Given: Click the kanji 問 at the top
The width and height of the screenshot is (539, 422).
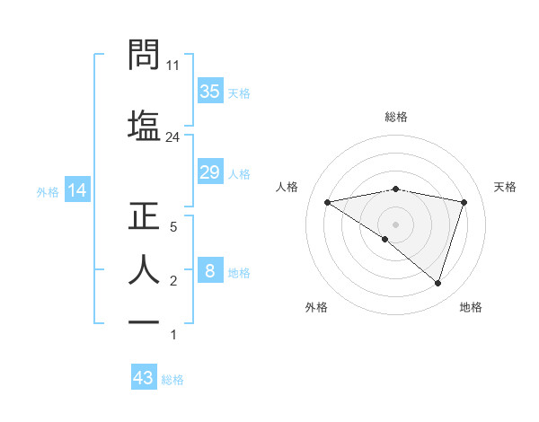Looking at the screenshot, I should [x=145, y=56].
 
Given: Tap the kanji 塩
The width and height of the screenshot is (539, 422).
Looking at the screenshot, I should [x=145, y=123].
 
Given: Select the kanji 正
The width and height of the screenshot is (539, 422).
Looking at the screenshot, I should [x=145, y=218].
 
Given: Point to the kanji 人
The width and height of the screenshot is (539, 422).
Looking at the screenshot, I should [x=145, y=269].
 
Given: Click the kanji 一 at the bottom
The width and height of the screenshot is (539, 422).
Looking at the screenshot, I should [x=145, y=321].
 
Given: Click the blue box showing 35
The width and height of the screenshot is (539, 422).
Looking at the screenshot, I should [x=210, y=91].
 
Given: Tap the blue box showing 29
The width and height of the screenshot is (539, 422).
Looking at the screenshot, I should [x=210, y=172].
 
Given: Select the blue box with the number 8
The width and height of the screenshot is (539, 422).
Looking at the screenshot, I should [x=210, y=272].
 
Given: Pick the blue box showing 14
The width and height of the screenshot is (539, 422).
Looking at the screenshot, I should [x=76, y=190].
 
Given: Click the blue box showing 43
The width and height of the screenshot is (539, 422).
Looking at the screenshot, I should [x=144, y=378].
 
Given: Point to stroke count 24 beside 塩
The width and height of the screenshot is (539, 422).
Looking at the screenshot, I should [x=173, y=137].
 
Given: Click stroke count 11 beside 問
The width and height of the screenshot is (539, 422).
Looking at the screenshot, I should [x=173, y=65].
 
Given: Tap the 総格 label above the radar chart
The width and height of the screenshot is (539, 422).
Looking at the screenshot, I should [x=396, y=117].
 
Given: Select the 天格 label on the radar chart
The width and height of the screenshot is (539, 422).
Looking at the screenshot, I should [x=505, y=187].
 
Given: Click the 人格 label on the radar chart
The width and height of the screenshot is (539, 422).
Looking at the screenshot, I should [x=287, y=187].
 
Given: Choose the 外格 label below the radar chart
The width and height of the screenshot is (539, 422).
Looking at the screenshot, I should [x=316, y=307].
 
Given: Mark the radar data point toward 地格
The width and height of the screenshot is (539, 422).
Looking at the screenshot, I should [x=437, y=283].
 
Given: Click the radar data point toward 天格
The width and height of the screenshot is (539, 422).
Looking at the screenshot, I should [x=464, y=202].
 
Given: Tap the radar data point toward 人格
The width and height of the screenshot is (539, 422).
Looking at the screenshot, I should [x=328, y=202].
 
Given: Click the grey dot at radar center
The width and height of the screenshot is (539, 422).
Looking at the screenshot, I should [x=396, y=224].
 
